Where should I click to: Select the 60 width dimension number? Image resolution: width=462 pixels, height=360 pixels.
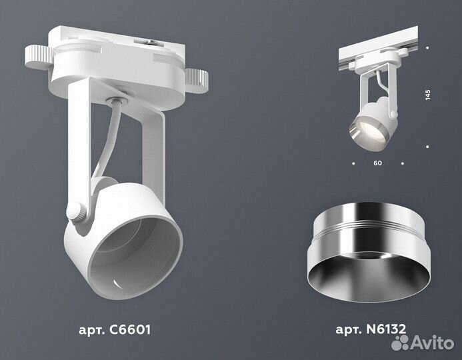(378, 162)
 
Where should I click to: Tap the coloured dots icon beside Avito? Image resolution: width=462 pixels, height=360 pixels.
(401, 342)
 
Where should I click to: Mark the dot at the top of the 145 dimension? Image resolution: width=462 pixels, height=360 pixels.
(427, 47)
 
